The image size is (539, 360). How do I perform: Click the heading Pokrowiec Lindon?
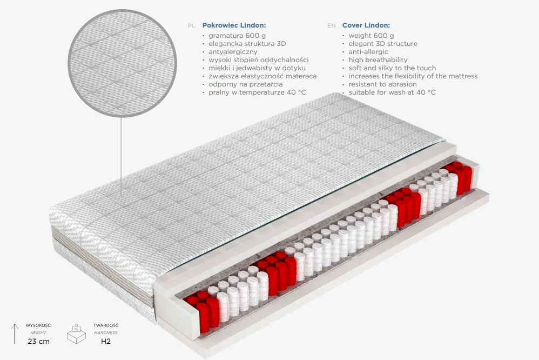coord(234,25)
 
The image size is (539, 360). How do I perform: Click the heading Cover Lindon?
coord(366,25)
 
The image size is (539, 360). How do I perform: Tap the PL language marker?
coord(192,26)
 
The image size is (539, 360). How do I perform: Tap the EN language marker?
coord(332,26)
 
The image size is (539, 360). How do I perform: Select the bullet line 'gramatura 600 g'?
coord(237,36)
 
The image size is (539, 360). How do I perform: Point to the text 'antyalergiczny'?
coord(233,52)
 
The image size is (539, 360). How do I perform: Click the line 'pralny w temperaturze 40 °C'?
coord(257,92)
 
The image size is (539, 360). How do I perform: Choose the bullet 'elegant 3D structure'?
coord(383,44)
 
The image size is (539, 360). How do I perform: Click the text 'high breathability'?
coord(378,60)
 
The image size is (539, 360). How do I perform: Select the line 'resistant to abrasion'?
coord(382,84)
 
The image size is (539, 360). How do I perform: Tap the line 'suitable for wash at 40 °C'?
coord(392,92)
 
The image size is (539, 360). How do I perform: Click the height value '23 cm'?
coord(38,342)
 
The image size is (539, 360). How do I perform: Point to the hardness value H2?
coord(106,342)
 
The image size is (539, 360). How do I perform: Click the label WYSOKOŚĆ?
coord(38,325)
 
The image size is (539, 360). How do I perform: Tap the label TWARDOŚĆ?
coord(106,325)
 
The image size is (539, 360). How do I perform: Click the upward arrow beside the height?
coord(15,334)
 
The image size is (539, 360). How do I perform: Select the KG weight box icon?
coord(76,334)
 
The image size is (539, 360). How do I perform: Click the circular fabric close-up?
coord(122,63)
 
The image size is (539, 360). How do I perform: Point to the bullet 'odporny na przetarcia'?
coord(245,84)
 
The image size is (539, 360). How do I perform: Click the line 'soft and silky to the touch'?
coord(392,68)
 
